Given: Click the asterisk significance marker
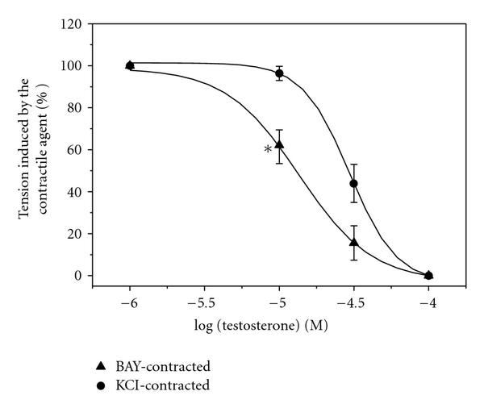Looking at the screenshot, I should click(x=267, y=149).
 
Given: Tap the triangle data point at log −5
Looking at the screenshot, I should click(x=279, y=145).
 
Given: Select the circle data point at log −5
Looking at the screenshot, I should click(x=279, y=73).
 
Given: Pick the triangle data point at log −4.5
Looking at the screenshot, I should click(x=353, y=242).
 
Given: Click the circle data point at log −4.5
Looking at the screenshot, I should click(x=353, y=183).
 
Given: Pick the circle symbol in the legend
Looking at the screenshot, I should click(x=123, y=385).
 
